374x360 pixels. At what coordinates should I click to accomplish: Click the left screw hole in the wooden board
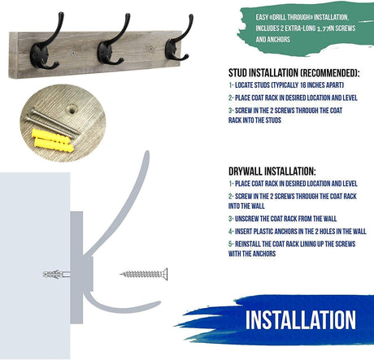[73, 53]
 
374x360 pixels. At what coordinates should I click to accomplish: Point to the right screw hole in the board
[151, 50]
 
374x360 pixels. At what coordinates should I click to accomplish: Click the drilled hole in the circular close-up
[72, 110]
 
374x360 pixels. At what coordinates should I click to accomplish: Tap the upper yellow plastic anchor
[50, 137]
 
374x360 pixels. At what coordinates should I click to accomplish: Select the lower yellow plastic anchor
[54, 145]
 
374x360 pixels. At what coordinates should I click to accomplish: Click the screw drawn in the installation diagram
[144, 274]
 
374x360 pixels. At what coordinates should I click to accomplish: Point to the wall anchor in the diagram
[56, 275]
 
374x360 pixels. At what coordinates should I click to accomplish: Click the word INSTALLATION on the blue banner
[301, 320]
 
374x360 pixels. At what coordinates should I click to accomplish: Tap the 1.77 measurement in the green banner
[323, 28]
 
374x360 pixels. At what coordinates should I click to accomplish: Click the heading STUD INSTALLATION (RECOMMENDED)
[294, 73]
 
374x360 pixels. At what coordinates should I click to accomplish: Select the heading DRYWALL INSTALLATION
[272, 171]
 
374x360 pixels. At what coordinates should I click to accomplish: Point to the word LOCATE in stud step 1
[244, 85]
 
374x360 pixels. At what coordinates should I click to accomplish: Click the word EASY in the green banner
[262, 17]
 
